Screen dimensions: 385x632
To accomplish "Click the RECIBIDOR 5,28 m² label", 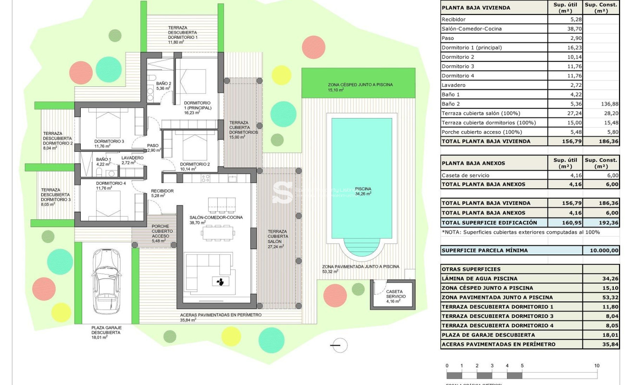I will coord(162,193).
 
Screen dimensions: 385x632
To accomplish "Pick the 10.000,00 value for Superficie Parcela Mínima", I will coord(601,251).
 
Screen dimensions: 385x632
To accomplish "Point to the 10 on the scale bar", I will coord(596,366).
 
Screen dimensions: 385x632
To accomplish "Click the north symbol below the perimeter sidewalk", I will coord(339,345).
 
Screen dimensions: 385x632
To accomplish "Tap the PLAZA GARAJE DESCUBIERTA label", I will coord(107,332).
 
